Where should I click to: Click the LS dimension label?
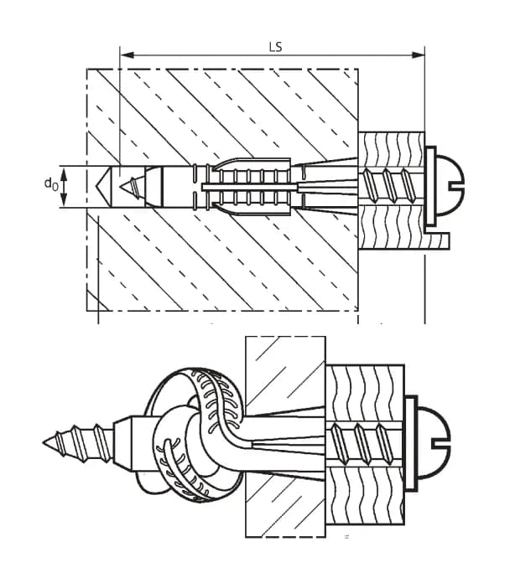[274, 46]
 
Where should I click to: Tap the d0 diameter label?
[51, 183]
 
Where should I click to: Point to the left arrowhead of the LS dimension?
[127, 56]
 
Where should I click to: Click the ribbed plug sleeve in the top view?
[247, 185]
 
